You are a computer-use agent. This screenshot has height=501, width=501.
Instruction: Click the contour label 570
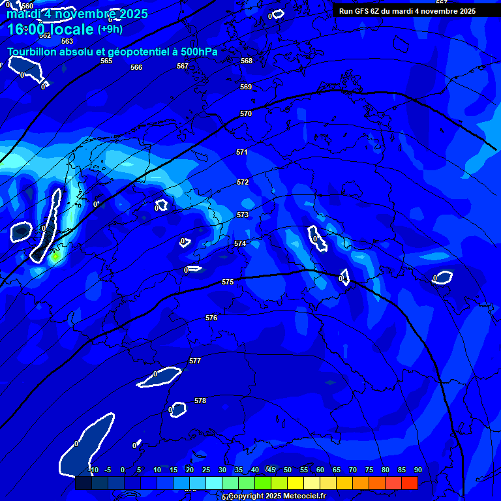[x=246, y=114]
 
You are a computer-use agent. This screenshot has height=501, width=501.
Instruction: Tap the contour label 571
[x=242, y=152]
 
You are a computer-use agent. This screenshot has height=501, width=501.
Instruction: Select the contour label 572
[x=243, y=182]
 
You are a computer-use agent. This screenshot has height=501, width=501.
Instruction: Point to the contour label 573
[x=243, y=215]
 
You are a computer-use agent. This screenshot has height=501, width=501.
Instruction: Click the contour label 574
[x=240, y=243]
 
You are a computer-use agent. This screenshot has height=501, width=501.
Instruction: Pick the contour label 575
[x=228, y=282]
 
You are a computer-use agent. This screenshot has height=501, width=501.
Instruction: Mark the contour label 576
[x=211, y=318]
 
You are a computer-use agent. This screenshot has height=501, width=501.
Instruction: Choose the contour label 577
[x=195, y=361]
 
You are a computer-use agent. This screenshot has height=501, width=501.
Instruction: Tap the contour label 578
[x=200, y=401]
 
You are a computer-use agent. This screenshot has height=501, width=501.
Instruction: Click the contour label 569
[x=246, y=87]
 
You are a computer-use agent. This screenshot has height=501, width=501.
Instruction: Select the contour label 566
[x=136, y=67]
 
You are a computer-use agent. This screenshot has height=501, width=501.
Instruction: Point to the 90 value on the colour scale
[x=418, y=470]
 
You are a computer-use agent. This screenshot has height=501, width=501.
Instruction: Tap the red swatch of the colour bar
[x=409, y=483]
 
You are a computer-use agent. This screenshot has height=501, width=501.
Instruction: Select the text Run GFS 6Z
[x=361, y=11]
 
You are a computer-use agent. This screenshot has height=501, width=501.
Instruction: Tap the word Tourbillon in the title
[x=33, y=52]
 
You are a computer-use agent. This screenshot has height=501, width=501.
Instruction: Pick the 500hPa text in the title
[x=196, y=52]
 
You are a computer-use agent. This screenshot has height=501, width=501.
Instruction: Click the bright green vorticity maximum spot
[x=55, y=256]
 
